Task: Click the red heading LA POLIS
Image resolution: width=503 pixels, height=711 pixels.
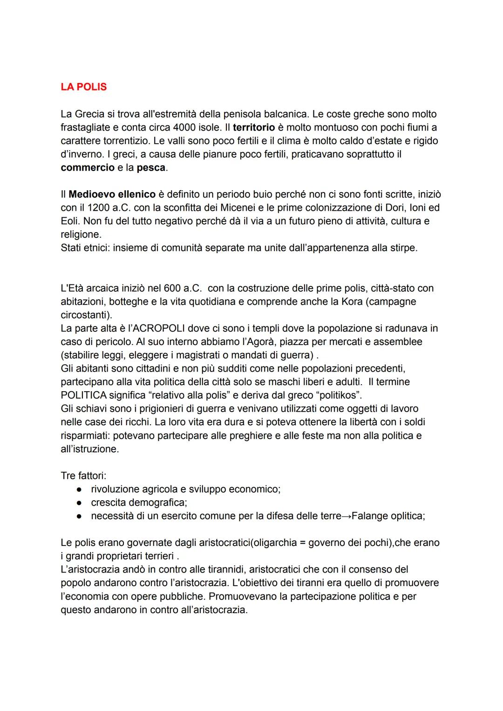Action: point(83,87)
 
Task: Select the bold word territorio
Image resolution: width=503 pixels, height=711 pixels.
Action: point(254,127)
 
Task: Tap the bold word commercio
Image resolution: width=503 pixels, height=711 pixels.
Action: point(88,167)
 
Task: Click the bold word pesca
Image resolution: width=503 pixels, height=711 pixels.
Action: point(151,167)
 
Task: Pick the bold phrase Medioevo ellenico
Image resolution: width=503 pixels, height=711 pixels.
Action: point(112,194)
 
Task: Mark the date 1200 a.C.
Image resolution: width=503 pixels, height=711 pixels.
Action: point(109,207)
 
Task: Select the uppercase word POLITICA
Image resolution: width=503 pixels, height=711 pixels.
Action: point(84,395)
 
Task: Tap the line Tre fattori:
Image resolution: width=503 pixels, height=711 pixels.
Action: point(83,476)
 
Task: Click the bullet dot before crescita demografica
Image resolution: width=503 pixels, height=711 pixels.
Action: point(80,503)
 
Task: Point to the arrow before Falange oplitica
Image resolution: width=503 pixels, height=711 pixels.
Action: point(347,516)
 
